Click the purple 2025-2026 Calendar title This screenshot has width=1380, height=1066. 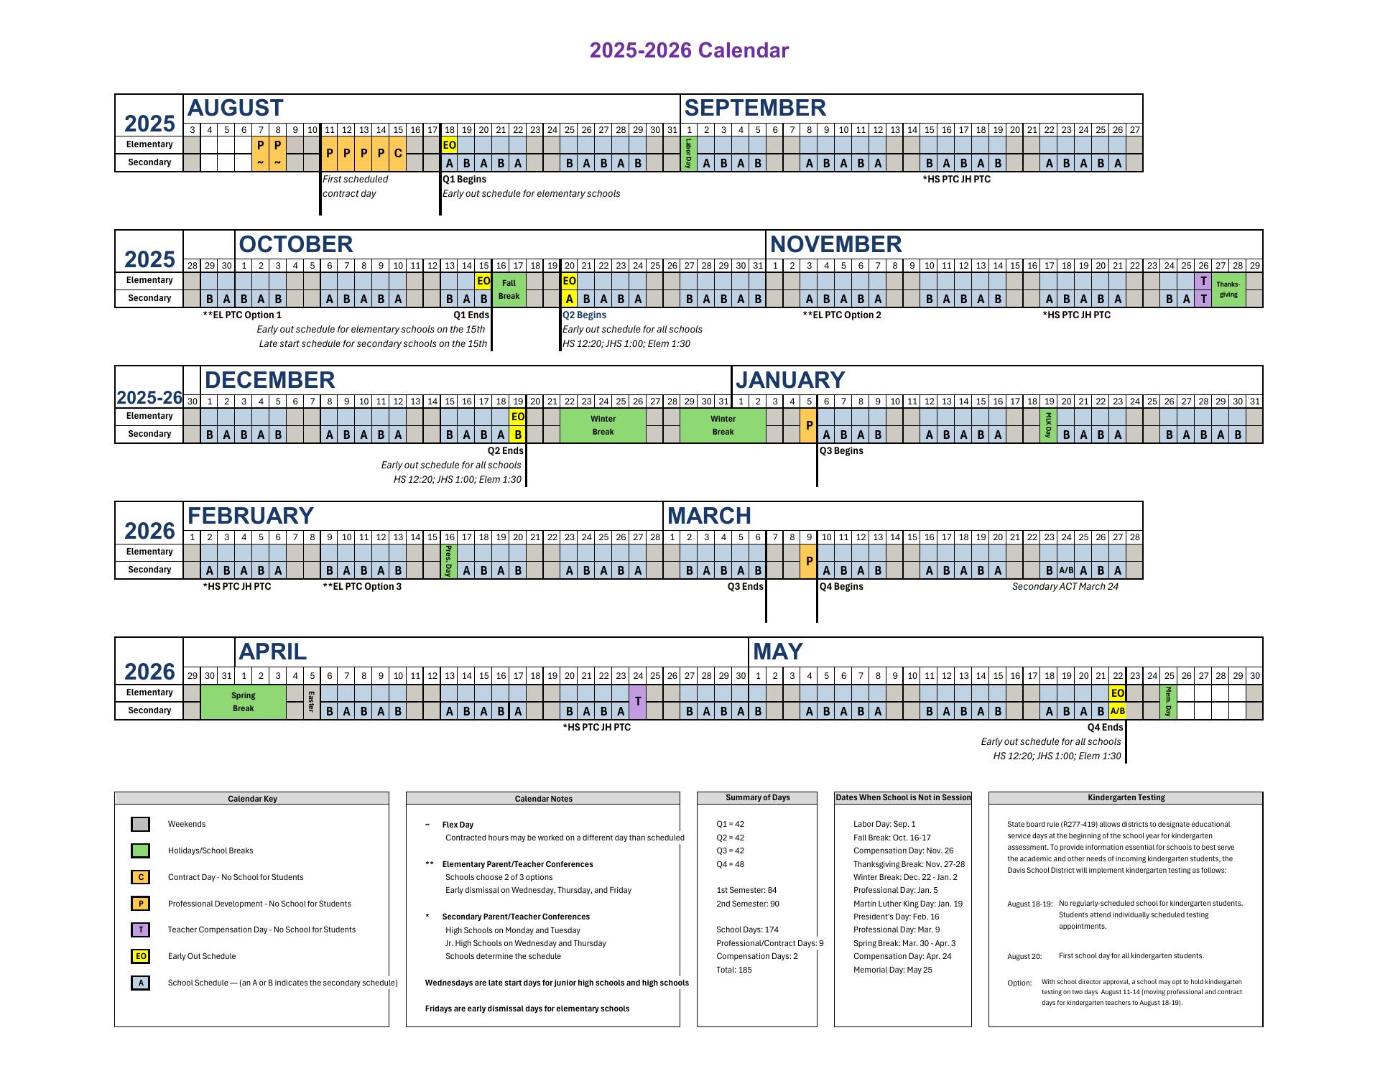tap(689, 50)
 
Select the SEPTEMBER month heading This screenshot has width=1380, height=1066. tap(754, 108)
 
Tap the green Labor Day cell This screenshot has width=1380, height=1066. tap(688, 154)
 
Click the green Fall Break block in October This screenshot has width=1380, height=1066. tap(509, 289)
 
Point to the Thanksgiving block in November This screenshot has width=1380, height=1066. tap(1228, 289)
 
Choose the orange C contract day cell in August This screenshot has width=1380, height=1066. tap(398, 154)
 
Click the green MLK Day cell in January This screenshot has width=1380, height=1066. tap(1048, 425)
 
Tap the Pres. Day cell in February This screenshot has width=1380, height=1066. tap(449, 561)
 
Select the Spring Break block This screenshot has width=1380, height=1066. tap(243, 702)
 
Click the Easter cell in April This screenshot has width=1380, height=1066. tap(311, 702)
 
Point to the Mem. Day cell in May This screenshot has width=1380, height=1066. tap(1168, 702)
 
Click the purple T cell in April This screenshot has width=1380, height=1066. tap(637, 702)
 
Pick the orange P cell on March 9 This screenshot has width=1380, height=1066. tap(809, 561)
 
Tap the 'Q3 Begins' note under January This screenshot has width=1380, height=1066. tap(841, 451)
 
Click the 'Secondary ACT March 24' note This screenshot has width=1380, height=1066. tap(1065, 587)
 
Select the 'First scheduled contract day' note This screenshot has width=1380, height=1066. tap(355, 186)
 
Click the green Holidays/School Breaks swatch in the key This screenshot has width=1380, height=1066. tap(141, 851)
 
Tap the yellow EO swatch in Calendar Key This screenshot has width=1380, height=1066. tap(141, 956)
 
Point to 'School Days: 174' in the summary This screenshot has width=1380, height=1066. tap(747, 930)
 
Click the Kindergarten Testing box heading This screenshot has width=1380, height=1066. tap(1126, 798)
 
